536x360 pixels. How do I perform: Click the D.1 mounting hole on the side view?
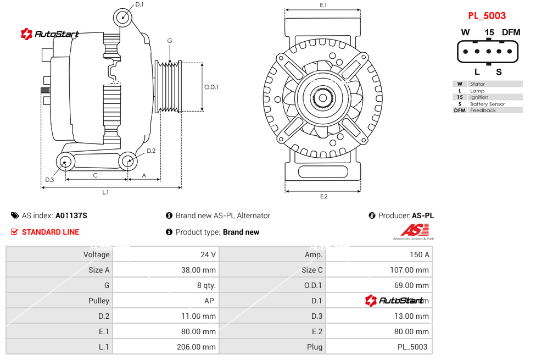tap(124, 17)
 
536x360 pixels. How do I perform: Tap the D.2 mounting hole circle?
tap(128, 161)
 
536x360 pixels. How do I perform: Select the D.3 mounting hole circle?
tap(66, 162)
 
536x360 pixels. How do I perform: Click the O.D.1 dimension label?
tap(211, 87)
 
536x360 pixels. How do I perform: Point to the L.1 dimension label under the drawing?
tap(105, 192)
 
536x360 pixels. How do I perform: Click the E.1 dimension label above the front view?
tap(323, 5)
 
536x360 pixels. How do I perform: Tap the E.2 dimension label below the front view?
tap(323, 196)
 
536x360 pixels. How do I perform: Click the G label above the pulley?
tap(170, 41)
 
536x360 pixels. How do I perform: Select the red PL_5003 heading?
tap(487, 16)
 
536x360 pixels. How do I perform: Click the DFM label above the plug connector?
tap(511, 32)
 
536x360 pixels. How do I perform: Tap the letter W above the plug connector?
tap(465, 32)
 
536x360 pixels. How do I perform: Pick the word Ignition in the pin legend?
tap(479, 97)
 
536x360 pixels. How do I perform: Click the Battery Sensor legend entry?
tap(487, 104)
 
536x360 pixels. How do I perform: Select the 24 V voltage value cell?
tap(208, 254)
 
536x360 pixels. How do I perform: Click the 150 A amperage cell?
tap(420, 254)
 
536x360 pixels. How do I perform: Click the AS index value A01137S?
tap(71, 215)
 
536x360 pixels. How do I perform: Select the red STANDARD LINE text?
tap(50, 232)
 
